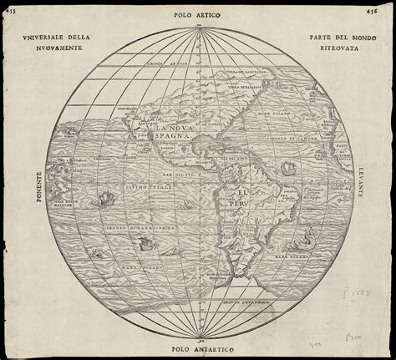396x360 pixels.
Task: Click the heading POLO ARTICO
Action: [197, 14]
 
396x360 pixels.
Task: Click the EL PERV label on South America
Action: [233, 199]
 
